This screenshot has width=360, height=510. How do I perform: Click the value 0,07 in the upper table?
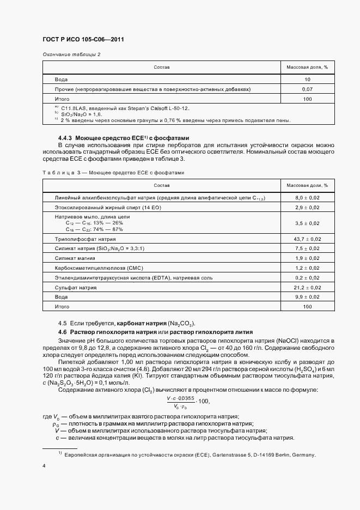[307, 89]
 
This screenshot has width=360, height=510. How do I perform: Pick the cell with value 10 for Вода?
[307, 79]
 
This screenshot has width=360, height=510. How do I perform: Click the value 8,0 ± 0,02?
[307, 198]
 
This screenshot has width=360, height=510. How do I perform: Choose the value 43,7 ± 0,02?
[307, 239]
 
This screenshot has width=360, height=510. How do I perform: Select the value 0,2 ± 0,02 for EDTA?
[307, 278]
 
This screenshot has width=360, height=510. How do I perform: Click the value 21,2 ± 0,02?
[307, 288]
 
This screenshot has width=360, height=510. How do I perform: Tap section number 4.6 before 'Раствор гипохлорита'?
[62, 332]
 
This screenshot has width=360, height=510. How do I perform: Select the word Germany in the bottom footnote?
[303, 454]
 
